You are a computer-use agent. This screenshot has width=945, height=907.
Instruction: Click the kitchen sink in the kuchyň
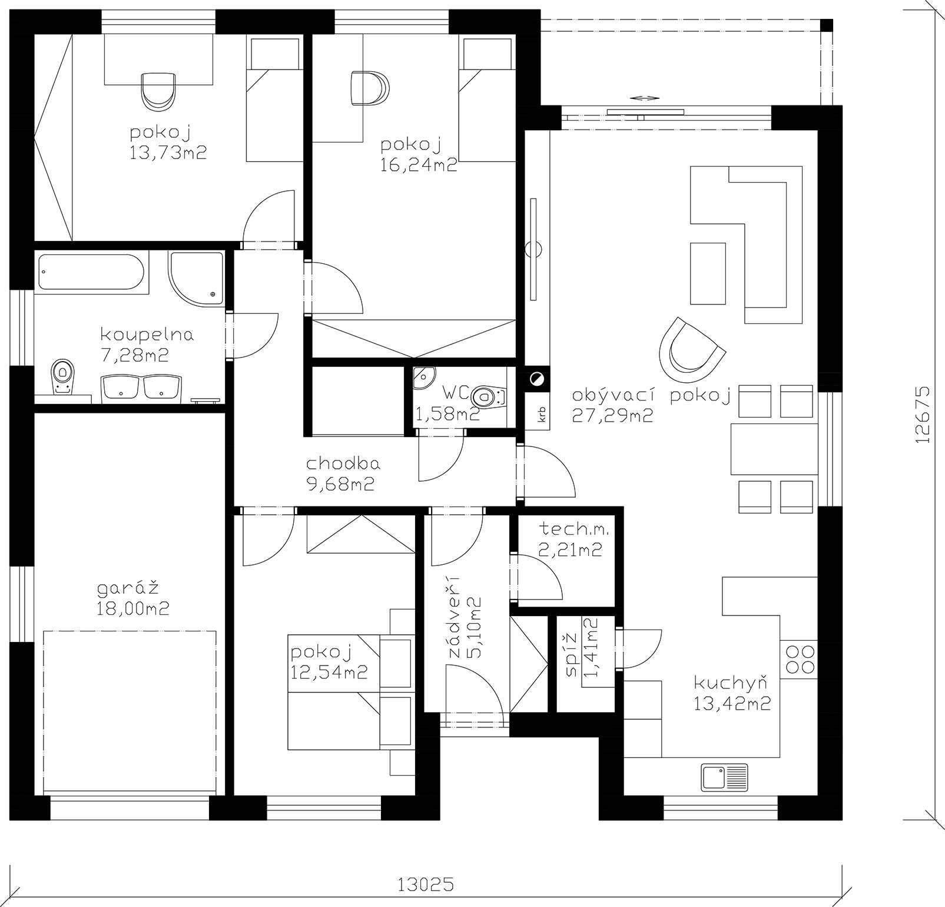tap(724, 777)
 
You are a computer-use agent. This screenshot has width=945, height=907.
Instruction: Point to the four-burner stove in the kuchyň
tap(799, 658)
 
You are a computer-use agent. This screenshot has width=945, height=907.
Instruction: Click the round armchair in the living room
tap(691, 350)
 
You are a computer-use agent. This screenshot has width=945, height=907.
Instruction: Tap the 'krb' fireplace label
tap(541, 415)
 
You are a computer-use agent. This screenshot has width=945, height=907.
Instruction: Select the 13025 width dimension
tap(426, 883)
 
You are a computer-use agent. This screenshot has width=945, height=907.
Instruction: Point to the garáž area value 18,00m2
tap(133, 608)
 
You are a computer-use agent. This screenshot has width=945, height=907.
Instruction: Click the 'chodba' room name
tap(343, 464)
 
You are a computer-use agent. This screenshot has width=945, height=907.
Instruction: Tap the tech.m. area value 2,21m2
tap(570, 550)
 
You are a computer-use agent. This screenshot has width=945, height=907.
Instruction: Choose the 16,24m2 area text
tap(419, 164)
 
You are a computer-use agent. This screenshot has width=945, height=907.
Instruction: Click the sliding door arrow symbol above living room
tap(643, 98)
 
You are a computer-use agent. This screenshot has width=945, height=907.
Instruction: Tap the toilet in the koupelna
tap(61, 376)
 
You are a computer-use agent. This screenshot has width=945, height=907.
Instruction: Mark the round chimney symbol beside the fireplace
tap(536, 379)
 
